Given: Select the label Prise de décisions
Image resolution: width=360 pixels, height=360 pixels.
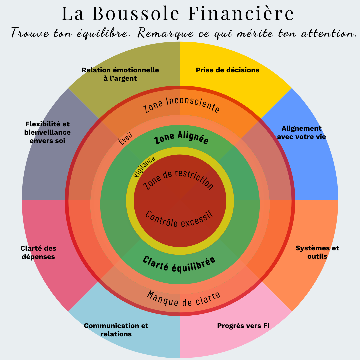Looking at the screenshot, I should coord(227,70).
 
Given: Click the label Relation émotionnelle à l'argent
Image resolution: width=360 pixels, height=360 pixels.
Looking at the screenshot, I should coord(120,74).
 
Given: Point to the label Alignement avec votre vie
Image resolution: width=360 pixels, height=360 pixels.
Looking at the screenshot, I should coord(301,132).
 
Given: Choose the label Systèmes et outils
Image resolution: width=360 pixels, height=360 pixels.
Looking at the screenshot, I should coord(317,252).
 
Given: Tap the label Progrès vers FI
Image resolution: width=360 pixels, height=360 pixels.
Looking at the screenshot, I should coord(243,326).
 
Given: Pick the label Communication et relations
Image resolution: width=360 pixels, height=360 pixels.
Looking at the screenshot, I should coord(116,329).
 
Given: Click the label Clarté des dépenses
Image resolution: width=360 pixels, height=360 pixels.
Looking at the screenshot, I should coord(38,252).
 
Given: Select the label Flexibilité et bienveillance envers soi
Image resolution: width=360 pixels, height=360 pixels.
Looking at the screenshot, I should coord(47,132).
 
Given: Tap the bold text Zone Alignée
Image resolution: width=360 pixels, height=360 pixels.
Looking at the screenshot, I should coord(181,138).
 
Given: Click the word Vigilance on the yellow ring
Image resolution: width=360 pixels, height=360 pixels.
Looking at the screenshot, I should coord(144,166).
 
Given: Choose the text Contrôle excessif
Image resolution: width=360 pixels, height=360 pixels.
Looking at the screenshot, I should coord(179,219).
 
